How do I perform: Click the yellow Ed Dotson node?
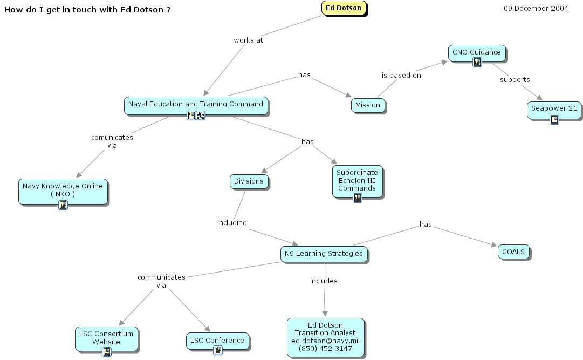(x=344, y=8)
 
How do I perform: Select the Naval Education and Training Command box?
(x=196, y=104)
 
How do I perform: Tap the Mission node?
(x=368, y=105)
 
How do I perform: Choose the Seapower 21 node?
(x=554, y=108)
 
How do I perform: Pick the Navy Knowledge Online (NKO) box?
(x=63, y=189)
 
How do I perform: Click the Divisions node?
(x=249, y=181)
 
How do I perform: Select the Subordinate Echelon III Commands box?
(x=357, y=181)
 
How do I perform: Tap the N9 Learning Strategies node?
(x=324, y=254)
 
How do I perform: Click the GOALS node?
(x=513, y=252)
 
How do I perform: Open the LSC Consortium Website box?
(x=106, y=337)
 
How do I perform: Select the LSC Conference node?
(x=217, y=340)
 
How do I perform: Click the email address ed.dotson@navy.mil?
(x=325, y=341)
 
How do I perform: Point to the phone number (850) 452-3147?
(x=325, y=349)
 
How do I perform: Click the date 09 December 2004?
(x=536, y=9)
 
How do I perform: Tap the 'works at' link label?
(x=248, y=40)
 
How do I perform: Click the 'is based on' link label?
(x=401, y=76)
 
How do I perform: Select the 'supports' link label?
(x=515, y=80)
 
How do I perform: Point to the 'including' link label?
(x=232, y=222)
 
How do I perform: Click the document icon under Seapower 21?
(x=554, y=120)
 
